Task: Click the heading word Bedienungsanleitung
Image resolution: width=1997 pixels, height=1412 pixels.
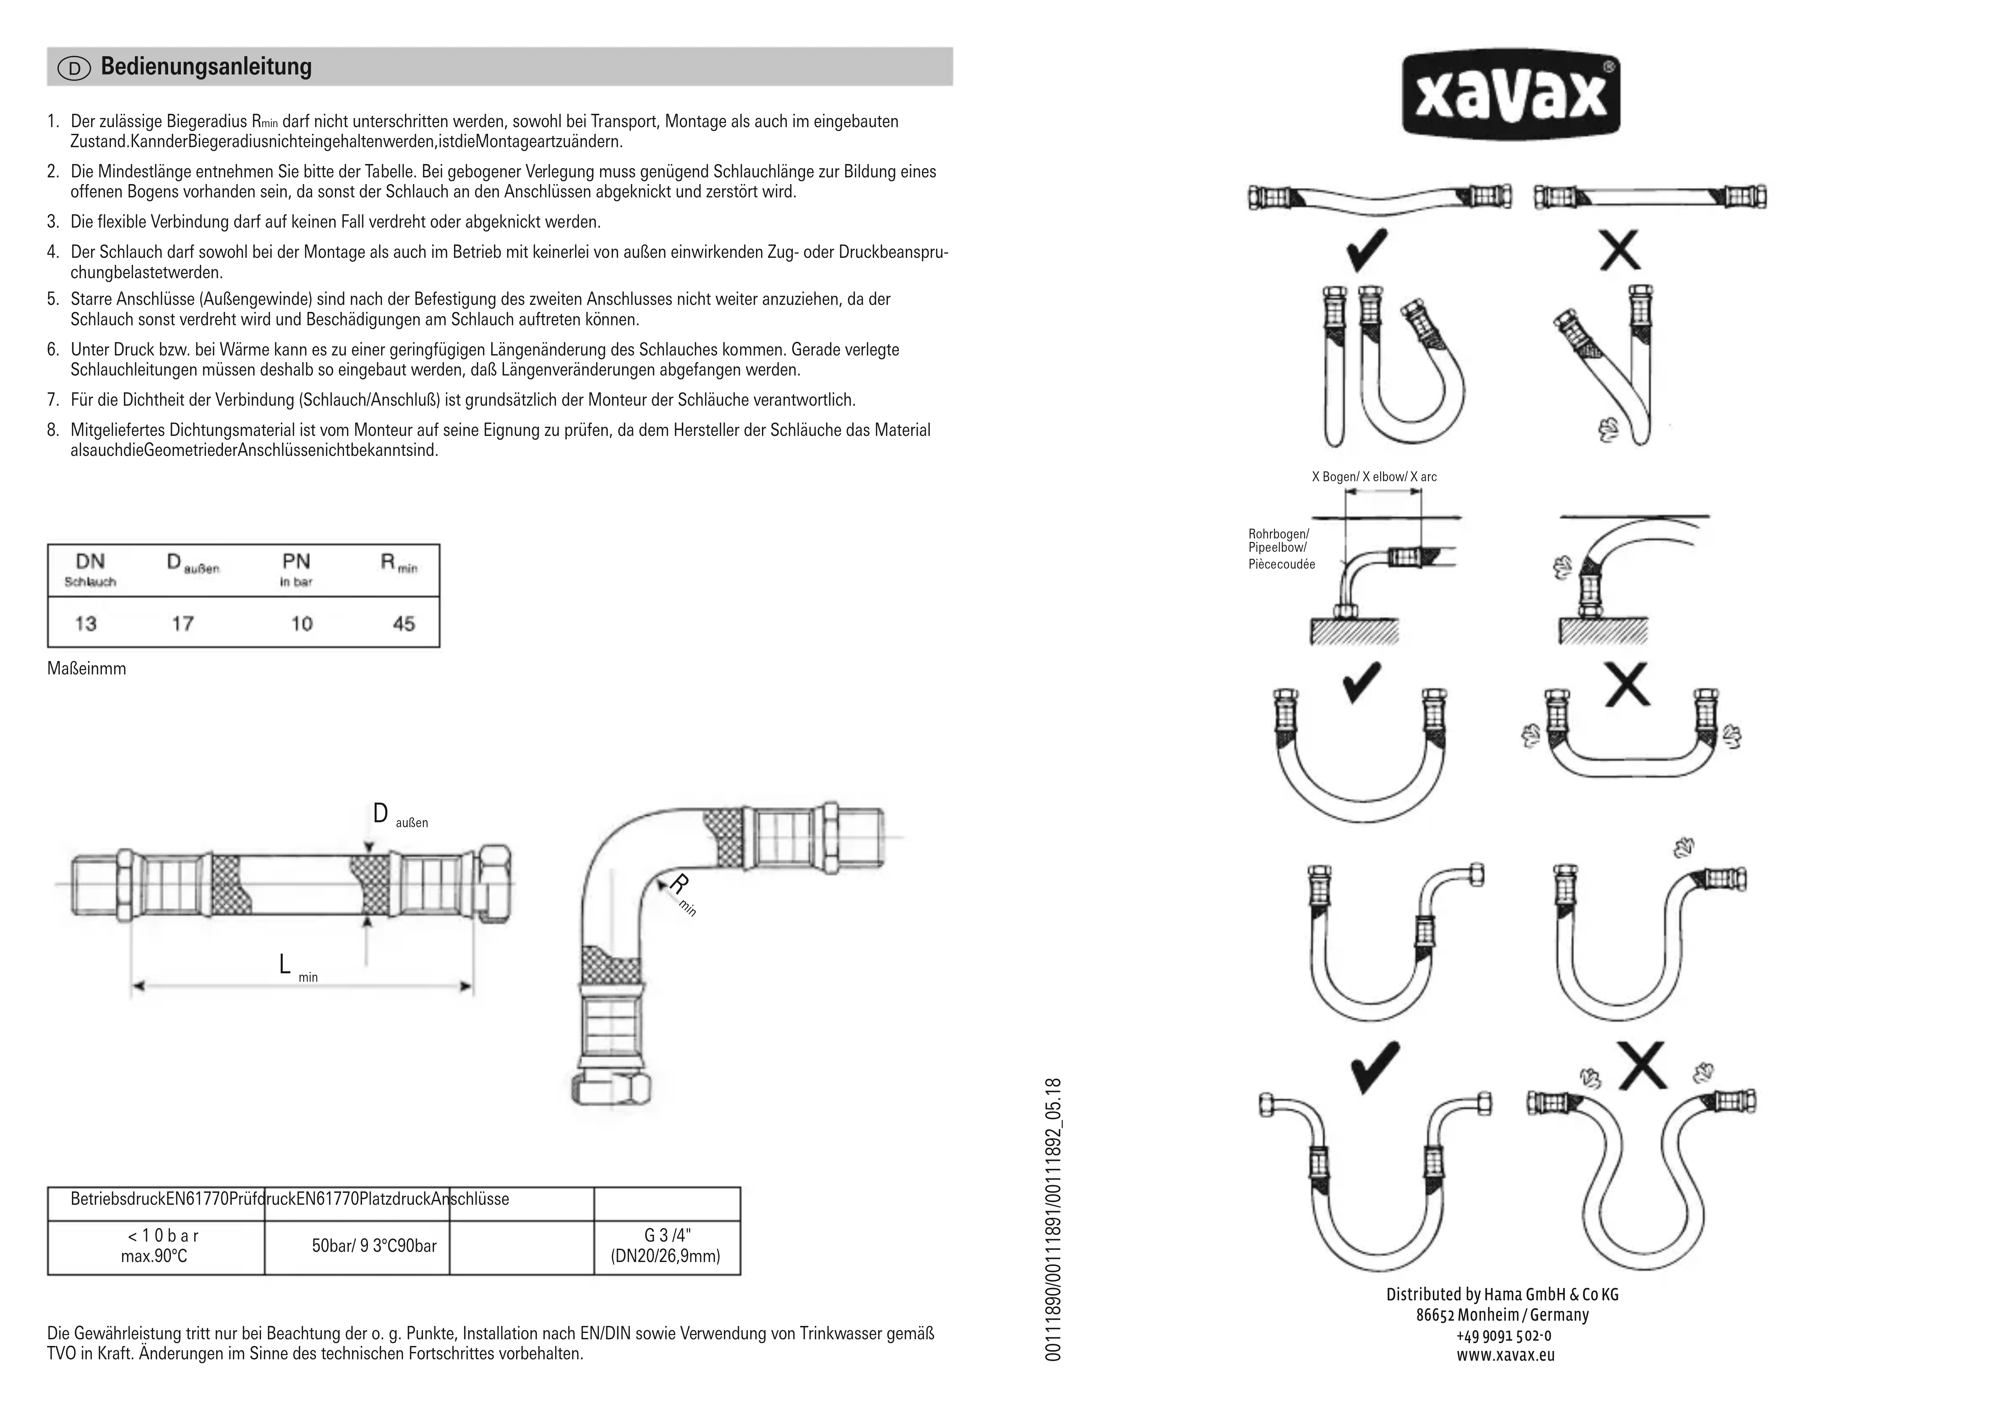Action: (206, 67)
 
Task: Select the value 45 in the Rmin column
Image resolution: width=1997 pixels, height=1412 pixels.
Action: (403, 624)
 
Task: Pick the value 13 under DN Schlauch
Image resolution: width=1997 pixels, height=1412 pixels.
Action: (85, 624)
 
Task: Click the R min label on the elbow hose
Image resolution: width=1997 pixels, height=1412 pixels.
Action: (683, 894)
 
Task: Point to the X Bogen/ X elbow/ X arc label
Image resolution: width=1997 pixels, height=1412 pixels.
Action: (1374, 477)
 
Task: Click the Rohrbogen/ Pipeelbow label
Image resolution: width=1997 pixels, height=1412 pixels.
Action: (1279, 541)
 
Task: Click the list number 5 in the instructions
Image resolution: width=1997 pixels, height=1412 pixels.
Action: (52, 299)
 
